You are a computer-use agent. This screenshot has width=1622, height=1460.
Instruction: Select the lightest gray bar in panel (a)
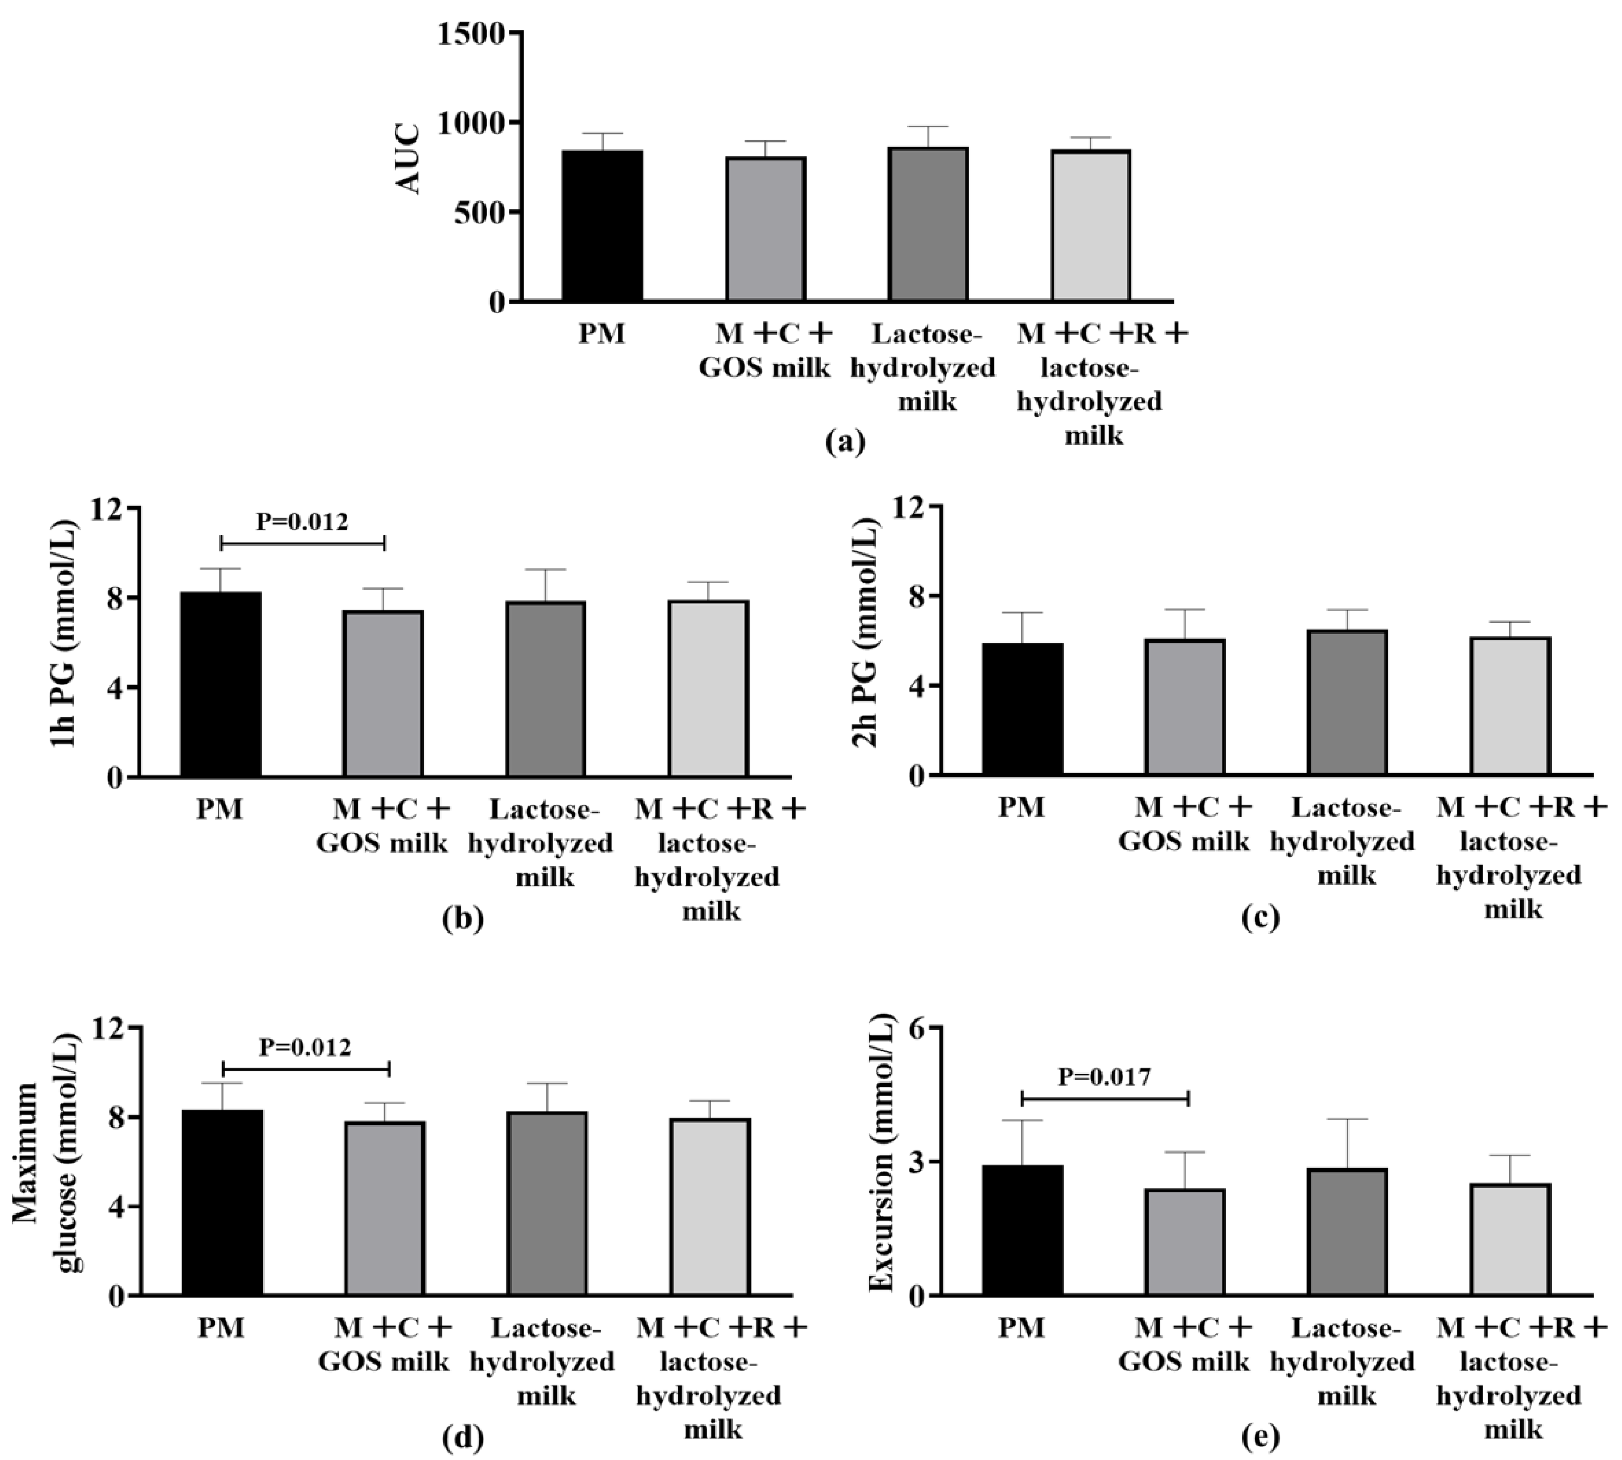pyautogui.click(x=1090, y=226)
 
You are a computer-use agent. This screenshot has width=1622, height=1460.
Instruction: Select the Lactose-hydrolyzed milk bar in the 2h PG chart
pyautogui.click(x=1347, y=703)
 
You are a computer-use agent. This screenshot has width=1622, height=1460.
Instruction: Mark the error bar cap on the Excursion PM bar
pyautogui.click(x=1022, y=1120)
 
